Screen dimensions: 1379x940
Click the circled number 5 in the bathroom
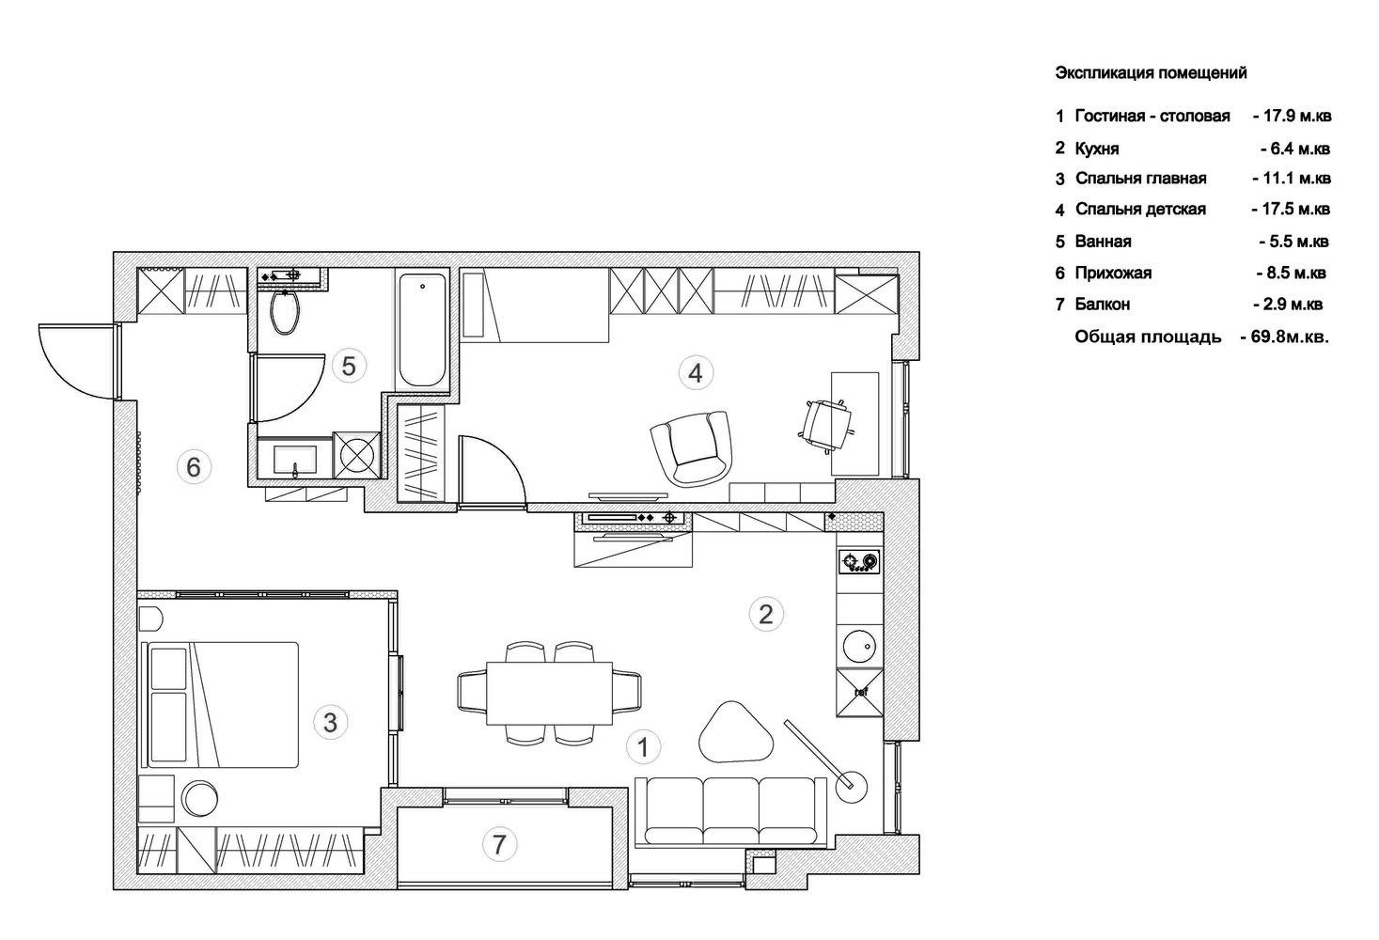(349, 367)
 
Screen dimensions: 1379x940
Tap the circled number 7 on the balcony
(499, 844)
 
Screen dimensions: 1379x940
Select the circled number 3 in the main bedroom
(330, 722)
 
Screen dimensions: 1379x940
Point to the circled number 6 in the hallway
(194, 466)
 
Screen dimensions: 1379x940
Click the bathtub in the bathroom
(422, 330)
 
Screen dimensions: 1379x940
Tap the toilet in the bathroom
(285, 311)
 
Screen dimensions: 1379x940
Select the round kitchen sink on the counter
(859, 647)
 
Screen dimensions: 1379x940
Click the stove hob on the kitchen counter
(859, 562)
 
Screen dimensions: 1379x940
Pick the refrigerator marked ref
(859, 693)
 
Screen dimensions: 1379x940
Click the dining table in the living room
(549, 693)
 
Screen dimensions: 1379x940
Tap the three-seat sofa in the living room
(730, 812)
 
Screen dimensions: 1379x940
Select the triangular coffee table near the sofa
(735, 733)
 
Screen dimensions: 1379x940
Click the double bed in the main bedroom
(220, 705)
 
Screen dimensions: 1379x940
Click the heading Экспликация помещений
(1151, 72)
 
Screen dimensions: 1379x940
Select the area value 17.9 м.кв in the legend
(1293, 116)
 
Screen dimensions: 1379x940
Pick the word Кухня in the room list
(1097, 149)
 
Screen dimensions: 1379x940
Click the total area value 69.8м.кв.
(1285, 337)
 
